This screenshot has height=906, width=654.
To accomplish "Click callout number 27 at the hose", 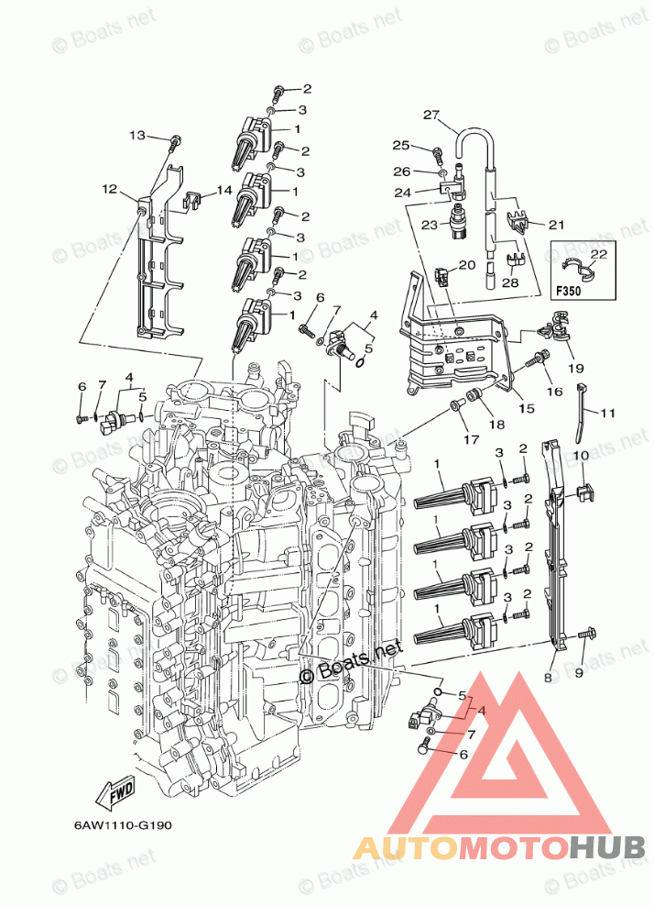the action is (x=431, y=115).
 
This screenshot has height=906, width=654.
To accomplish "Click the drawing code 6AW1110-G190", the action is (x=116, y=824).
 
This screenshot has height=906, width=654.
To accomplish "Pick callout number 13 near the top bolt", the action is (x=137, y=136).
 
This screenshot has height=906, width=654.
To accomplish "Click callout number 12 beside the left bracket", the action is (x=110, y=190).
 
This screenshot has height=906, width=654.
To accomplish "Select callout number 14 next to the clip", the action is (x=224, y=190).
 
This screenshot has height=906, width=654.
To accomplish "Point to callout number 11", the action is (x=608, y=414).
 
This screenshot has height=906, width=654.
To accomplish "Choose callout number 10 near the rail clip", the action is (x=581, y=456).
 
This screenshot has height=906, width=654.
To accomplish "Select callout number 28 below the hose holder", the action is (x=510, y=282).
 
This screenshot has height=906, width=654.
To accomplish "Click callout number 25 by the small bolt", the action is (x=400, y=145).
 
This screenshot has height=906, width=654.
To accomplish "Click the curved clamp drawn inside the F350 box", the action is (x=574, y=268).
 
